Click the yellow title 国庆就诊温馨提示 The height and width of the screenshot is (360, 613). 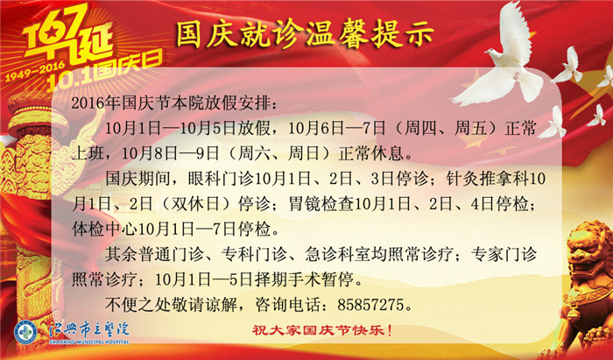pyautogui.click(x=305, y=34)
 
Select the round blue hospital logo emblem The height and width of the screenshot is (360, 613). pyautogui.click(x=25, y=333)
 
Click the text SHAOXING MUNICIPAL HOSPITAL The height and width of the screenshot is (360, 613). pyautogui.click(x=89, y=342)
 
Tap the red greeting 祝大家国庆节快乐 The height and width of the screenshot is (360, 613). pyautogui.click(x=321, y=331)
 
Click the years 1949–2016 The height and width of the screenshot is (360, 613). pyautogui.click(x=35, y=71)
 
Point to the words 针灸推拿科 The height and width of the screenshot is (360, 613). pyautogui.click(x=487, y=179)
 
